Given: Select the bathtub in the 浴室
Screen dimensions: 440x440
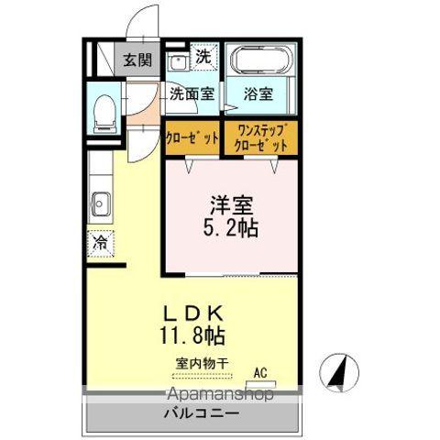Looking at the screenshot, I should [258, 62].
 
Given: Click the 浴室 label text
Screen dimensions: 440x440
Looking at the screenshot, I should [258, 93].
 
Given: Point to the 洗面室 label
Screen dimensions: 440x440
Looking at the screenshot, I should [191, 93].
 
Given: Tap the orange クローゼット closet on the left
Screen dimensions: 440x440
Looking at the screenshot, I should [192, 138].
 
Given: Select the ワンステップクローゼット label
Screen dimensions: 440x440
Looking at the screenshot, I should [261, 137].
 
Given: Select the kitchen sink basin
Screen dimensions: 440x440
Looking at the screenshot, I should [100, 203].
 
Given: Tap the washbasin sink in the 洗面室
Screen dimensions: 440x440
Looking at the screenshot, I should [179, 62].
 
